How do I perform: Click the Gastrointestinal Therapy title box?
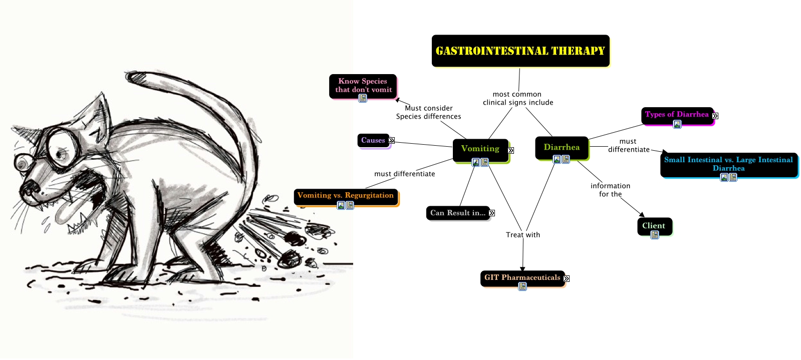pyautogui.click(x=520, y=51)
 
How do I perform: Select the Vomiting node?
pyautogui.click(x=480, y=150)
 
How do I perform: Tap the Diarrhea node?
pyautogui.click(x=562, y=148)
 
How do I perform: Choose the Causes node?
pyautogui.click(x=373, y=141)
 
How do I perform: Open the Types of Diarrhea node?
pyautogui.click(x=677, y=116)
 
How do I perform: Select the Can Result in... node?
pyautogui.click(x=458, y=213)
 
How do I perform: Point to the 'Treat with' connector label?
pyautogui.click(x=523, y=235)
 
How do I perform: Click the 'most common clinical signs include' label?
pyautogui.click(x=518, y=98)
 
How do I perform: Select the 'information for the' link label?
pyautogui.click(x=611, y=190)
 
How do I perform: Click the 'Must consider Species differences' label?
pyautogui.click(x=428, y=112)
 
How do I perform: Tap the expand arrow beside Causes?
pyautogui.click(x=392, y=141)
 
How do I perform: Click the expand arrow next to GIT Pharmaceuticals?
pyautogui.click(x=567, y=278)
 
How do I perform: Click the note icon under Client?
pyautogui.click(x=655, y=235)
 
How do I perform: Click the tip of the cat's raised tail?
pyautogui.click(x=126, y=76)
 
